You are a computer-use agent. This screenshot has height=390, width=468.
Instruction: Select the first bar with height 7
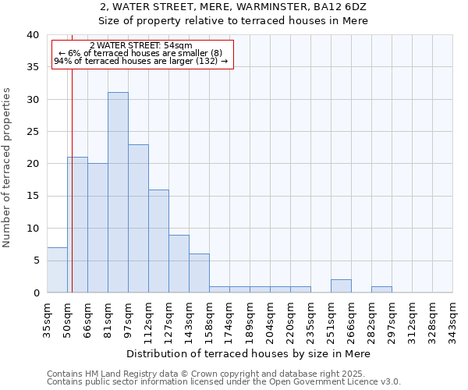tap(57, 270)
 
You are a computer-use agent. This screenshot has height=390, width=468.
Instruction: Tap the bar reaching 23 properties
tap(138, 218)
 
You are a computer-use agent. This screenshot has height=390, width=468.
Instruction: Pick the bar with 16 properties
tap(158, 241)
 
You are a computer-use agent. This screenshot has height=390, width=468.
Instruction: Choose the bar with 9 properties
tap(179, 264)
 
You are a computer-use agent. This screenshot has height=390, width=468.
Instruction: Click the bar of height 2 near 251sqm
tap(341, 286)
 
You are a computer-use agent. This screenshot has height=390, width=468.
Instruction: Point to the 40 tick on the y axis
tap(33, 35)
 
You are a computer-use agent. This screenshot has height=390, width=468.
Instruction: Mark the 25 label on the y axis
tap(33, 132)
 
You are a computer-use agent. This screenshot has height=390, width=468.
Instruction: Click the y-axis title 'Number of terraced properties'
tap(7, 167)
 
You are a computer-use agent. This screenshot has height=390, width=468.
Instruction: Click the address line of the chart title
tap(234, 7)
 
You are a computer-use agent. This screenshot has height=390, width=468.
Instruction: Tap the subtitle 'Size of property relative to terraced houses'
tap(234, 21)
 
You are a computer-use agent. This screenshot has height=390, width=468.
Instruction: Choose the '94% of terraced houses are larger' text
tap(141, 61)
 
